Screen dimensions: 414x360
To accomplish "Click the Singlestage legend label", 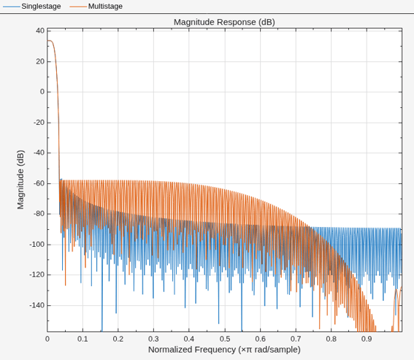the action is coord(41,6).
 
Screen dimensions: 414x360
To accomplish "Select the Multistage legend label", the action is coord(105,6).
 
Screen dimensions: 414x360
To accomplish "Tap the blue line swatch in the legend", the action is coord(11,7).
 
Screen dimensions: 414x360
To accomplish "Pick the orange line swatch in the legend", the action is coord(78,7).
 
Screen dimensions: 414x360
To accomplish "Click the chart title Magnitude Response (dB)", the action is coord(224,22).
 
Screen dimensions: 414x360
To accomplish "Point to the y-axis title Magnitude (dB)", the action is coord(21,180).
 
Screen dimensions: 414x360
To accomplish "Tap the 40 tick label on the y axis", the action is coord(41,30).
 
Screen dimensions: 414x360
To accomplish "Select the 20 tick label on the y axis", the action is coord(41,61).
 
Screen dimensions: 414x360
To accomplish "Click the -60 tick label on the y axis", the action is coord(39,183).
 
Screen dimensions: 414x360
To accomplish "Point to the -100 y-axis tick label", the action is coord(37,245).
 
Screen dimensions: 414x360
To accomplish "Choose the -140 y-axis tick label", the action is coord(37,305).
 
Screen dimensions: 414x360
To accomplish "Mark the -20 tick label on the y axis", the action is coord(39,123).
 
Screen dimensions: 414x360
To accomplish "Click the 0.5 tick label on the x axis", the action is coord(225,339).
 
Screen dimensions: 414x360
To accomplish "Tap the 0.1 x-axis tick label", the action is coord(83,339).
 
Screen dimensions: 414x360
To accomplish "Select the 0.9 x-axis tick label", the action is coord(367,339).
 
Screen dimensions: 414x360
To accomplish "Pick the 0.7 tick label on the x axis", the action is coord(296,339).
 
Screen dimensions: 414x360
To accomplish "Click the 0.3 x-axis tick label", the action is coord(154,339).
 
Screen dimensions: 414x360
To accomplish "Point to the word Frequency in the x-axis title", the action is coord(215,350).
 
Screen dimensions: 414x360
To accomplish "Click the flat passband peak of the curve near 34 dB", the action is coord(50,41).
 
